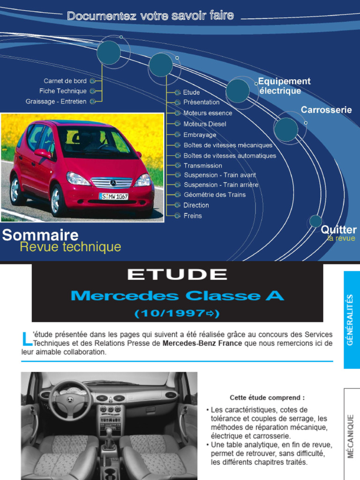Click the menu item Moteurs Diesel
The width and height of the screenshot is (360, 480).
[x=204, y=124]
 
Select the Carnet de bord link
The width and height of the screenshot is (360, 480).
[x=65, y=81]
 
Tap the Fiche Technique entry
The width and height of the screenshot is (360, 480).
[x=63, y=91]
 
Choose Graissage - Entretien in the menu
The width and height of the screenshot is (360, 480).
[x=56, y=101]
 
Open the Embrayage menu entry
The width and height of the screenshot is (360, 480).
[x=200, y=135]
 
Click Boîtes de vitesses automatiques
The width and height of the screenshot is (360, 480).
[x=230, y=156]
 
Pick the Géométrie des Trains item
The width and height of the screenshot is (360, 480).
[x=214, y=195]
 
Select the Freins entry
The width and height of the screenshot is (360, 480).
[x=193, y=216]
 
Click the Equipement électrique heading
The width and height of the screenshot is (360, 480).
[x=284, y=86]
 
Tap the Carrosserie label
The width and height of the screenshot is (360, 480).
[x=326, y=110]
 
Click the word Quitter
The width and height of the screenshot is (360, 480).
[x=338, y=230]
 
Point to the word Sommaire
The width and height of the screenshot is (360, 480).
[x=40, y=235]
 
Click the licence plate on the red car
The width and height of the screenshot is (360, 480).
[x=113, y=196]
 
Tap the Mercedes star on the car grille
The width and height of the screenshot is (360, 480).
[x=113, y=183]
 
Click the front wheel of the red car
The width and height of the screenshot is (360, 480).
[x=58, y=199]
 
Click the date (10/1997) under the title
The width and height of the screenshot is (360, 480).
[x=177, y=313]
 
